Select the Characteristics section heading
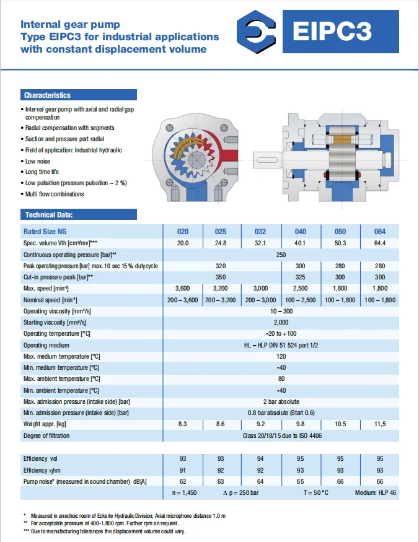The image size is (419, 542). pos(47,95)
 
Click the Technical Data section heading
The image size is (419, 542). pos(48,215)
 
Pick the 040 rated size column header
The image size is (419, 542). pos(300,232)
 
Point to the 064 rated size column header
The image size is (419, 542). pos(379,232)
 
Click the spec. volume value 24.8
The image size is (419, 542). pos(220,243)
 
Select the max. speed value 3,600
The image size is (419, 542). pos(183,288)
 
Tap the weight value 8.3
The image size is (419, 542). pos(183,424)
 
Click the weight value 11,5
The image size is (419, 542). pos(379,424)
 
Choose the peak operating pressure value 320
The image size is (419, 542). pos(220,266)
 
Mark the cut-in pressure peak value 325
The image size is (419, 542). pos(300,277)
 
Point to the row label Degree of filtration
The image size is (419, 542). pos(46,435)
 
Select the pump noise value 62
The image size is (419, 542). pos(183,481)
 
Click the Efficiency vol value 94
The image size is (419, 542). pos(260,459)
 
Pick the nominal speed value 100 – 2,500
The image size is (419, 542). pos(300,300)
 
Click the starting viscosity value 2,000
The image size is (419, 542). pos(281,322)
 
